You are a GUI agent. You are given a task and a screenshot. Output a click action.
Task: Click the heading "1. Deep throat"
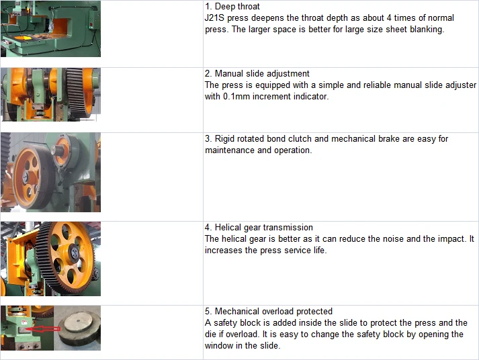click(232, 7)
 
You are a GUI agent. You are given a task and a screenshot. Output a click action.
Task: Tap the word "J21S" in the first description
click(214, 18)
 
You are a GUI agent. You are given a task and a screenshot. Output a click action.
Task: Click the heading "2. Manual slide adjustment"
click(257, 74)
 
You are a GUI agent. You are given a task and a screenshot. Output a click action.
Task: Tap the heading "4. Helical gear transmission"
click(259, 228)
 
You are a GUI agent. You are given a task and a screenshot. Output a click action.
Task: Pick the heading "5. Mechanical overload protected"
click(269, 312)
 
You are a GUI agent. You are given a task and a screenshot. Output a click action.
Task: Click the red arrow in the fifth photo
click(42, 329)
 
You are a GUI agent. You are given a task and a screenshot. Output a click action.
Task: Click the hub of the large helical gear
click(74, 253)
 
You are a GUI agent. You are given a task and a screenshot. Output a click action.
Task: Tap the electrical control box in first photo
click(93, 21)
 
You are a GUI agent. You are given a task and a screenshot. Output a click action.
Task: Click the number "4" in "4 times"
click(389, 18)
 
